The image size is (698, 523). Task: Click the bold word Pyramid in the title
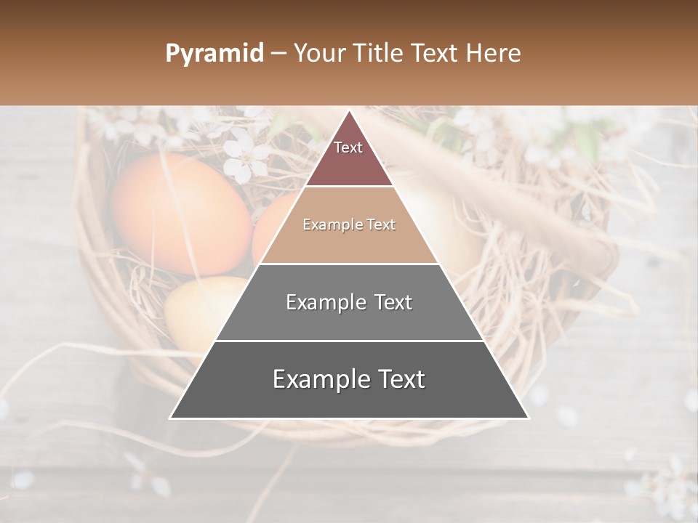[214, 54]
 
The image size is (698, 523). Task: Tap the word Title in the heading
[382, 54]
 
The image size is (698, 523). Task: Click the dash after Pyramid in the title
[278, 54]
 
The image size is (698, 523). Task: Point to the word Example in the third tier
[324, 302]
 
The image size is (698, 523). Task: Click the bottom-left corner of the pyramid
[170, 418]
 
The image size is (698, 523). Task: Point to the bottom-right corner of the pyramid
[529, 418]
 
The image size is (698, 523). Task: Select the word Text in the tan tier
[380, 225]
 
